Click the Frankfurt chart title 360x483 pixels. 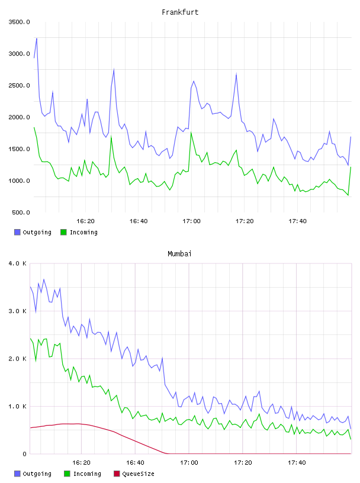point(180,12)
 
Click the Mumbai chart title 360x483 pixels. point(179,254)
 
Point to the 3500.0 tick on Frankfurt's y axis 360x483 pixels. point(19,22)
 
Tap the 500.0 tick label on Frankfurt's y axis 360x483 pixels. point(21,212)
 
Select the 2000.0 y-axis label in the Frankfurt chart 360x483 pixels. point(19,117)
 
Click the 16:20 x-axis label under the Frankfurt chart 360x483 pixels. point(85,221)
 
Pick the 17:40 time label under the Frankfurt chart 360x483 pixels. point(297,221)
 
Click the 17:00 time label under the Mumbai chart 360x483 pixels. point(189,463)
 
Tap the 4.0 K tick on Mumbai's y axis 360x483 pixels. point(18,263)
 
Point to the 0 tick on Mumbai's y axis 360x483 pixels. point(24,454)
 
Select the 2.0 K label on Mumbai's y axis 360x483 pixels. point(18,359)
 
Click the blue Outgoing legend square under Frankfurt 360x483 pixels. point(17,232)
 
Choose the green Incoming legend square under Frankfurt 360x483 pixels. point(63,232)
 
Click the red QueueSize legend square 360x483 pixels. point(117,474)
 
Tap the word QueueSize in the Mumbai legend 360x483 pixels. point(138,474)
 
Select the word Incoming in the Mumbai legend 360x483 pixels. point(87,474)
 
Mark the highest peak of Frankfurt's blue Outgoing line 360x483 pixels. point(37,38)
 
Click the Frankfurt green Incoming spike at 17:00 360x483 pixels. point(191,133)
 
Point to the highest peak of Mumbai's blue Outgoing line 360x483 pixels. point(44,279)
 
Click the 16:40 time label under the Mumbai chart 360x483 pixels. point(135,463)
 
